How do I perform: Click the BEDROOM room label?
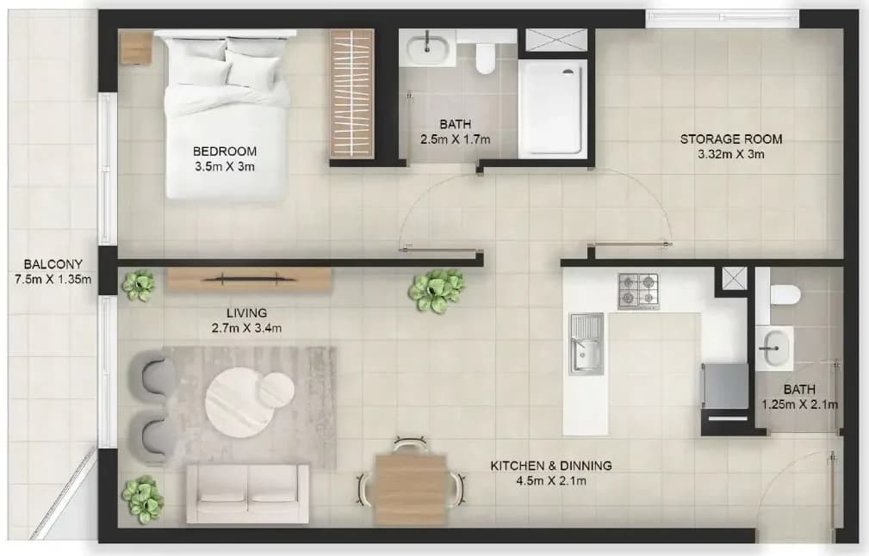point(225,151)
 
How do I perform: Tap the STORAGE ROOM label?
point(731,139)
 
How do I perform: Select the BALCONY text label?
point(53,264)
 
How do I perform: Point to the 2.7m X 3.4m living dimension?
point(246,329)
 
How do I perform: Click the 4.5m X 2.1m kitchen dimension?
point(551,480)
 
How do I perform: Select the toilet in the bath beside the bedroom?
point(486,56)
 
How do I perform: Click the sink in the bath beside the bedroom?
point(427,47)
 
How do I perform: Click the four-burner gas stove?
point(639,291)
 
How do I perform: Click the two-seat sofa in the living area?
point(248,493)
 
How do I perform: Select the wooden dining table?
point(411,490)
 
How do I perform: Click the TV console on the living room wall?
point(250,280)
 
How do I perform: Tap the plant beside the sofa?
point(143,499)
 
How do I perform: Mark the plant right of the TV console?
point(438,291)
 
